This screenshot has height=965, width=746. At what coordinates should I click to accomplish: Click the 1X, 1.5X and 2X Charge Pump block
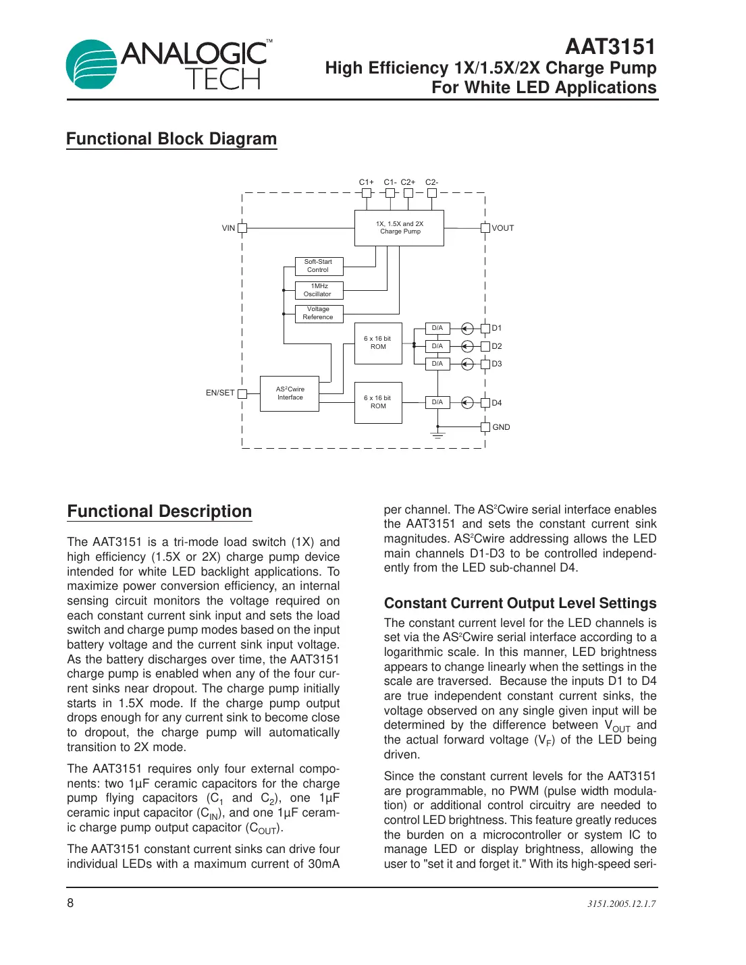click(399, 228)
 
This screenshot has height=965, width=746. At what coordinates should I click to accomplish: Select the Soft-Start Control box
click(319, 266)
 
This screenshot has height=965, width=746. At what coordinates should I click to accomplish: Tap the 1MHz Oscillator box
click(319, 290)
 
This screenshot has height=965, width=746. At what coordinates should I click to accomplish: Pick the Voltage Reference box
click(319, 313)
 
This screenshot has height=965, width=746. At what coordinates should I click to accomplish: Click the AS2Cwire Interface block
click(290, 393)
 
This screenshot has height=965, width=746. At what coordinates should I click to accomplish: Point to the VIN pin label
click(228, 228)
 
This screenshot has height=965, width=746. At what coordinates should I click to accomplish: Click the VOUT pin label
click(503, 228)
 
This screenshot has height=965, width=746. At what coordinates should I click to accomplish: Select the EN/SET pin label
click(220, 393)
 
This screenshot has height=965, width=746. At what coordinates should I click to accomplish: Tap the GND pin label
click(501, 427)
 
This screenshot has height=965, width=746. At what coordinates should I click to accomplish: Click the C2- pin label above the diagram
click(431, 182)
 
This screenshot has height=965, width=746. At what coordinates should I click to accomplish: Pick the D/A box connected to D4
click(437, 402)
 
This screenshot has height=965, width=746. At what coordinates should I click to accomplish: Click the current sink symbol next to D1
click(467, 329)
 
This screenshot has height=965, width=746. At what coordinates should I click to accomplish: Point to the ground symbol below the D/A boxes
click(438, 435)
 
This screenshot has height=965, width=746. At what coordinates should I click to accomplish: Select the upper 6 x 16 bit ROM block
click(378, 343)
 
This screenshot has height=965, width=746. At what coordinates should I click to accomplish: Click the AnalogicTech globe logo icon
click(92, 65)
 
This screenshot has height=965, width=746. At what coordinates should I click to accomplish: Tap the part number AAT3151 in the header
click(610, 47)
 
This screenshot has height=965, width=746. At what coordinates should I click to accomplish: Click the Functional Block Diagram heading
click(171, 139)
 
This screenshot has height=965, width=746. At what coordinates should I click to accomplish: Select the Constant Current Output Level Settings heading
click(520, 603)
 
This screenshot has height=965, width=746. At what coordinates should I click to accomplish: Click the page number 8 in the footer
click(70, 903)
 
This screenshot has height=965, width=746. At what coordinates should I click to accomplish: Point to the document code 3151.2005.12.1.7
click(621, 904)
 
